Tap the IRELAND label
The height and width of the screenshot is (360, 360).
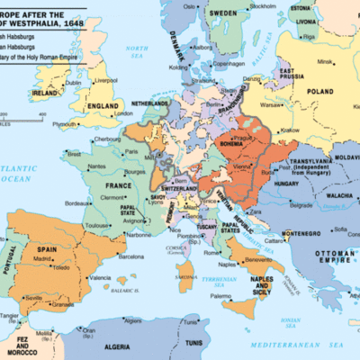pos(40,91)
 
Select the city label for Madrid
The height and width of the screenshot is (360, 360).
pos(42,258)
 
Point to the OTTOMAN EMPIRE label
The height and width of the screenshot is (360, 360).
pos(330,247)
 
